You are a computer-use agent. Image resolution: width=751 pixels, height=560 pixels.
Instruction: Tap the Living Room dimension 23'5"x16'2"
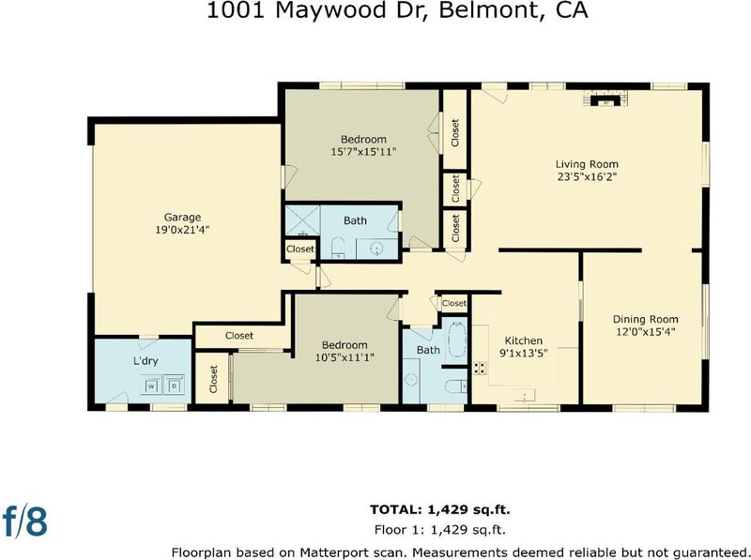(x=587, y=176)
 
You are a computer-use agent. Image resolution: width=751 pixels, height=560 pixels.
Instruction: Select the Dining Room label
(x=646, y=319)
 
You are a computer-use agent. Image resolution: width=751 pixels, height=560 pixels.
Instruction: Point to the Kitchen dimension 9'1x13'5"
(x=524, y=354)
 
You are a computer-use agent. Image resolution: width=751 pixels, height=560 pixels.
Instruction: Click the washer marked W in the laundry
(x=151, y=386)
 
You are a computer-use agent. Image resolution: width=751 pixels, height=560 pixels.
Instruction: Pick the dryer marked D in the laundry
(x=175, y=386)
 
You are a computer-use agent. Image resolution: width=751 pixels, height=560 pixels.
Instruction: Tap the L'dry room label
(x=146, y=361)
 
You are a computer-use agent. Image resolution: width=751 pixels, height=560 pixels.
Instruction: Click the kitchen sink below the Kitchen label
(x=525, y=395)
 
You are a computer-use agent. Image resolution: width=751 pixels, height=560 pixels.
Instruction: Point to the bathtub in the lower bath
(x=455, y=341)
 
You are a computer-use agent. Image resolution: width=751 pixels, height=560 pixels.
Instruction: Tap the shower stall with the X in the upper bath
(x=302, y=220)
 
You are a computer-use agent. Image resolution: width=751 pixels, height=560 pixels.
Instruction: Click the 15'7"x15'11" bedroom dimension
(x=363, y=152)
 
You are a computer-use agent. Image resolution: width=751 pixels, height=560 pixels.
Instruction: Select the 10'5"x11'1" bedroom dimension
(x=345, y=357)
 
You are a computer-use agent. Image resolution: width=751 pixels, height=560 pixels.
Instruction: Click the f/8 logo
(x=25, y=522)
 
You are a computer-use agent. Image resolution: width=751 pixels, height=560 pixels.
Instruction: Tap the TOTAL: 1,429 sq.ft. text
(x=440, y=509)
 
